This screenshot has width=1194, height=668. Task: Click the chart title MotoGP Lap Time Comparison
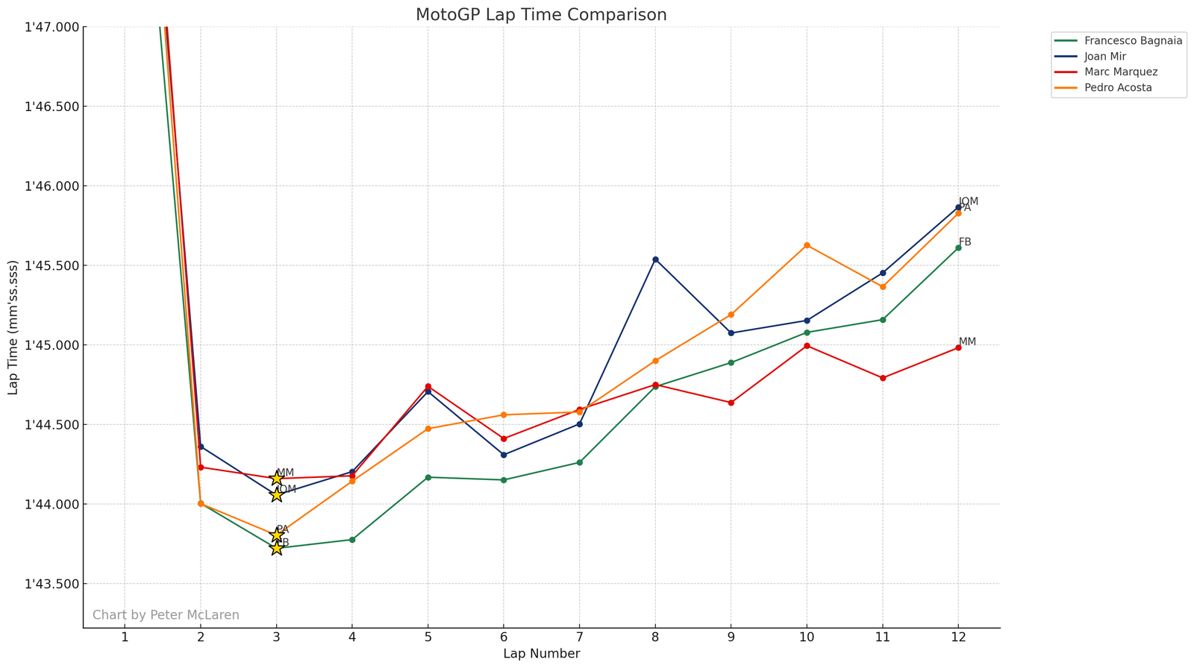(x=541, y=15)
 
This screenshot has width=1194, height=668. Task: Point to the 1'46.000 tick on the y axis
(x=51, y=186)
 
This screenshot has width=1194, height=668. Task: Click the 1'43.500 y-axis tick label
(x=51, y=584)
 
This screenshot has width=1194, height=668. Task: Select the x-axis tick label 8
(x=655, y=637)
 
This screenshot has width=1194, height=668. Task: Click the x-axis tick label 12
(x=958, y=637)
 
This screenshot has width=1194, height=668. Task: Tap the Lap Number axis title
(x=541, y=654)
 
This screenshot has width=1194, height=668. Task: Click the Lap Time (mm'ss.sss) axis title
(x=13, y=328)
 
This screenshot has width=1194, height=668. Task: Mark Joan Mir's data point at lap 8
(x=655, y=259)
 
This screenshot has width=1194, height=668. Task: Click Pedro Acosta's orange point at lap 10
(x=807, y=245)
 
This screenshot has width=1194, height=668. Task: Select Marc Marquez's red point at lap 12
(x=958, y=347)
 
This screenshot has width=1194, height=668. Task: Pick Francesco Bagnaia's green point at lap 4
(x=352, y=540)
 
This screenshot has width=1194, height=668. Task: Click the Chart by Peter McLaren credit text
(x=166, y=615)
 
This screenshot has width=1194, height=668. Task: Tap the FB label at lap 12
(x=965, y=242)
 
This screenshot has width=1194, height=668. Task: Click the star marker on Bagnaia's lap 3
(x=276, y=548)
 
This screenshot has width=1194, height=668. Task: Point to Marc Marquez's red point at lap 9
(x=731, y=403)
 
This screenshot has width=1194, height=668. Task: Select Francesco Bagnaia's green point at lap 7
(x=579, y=463)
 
